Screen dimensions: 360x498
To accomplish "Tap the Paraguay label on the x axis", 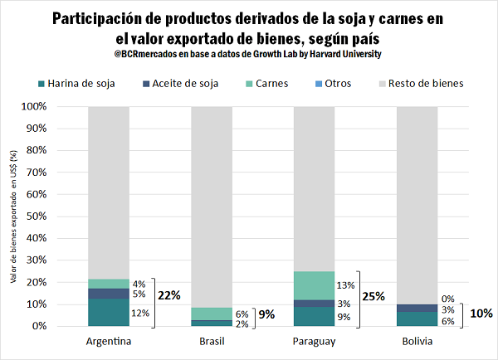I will (x=314, y=342).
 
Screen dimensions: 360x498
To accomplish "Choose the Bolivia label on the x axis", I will (x=417, y=342).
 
